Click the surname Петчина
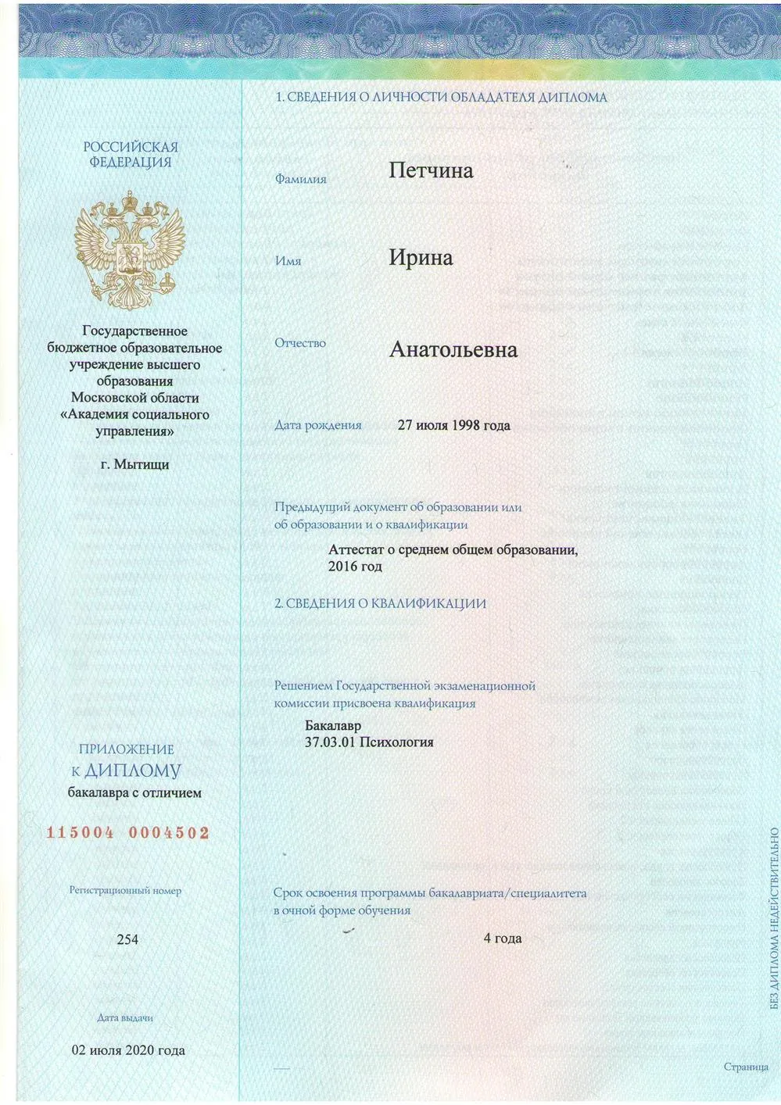431,170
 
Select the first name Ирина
421,258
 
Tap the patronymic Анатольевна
453,349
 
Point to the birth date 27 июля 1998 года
453,425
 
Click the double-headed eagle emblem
130,249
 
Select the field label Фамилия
300,179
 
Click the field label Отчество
300,343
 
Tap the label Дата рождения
317,425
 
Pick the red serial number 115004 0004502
128,833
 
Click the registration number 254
127,939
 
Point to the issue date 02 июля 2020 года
128,1050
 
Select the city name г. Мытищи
134,464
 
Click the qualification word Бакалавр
333,726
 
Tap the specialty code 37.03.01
328,742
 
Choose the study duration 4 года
502,938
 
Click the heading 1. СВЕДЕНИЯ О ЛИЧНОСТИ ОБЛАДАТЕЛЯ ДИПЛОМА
442,98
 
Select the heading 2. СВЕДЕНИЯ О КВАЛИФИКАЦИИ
380,603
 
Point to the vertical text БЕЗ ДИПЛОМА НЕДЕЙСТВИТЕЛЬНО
774,917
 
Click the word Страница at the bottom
746,1067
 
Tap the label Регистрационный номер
125,890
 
